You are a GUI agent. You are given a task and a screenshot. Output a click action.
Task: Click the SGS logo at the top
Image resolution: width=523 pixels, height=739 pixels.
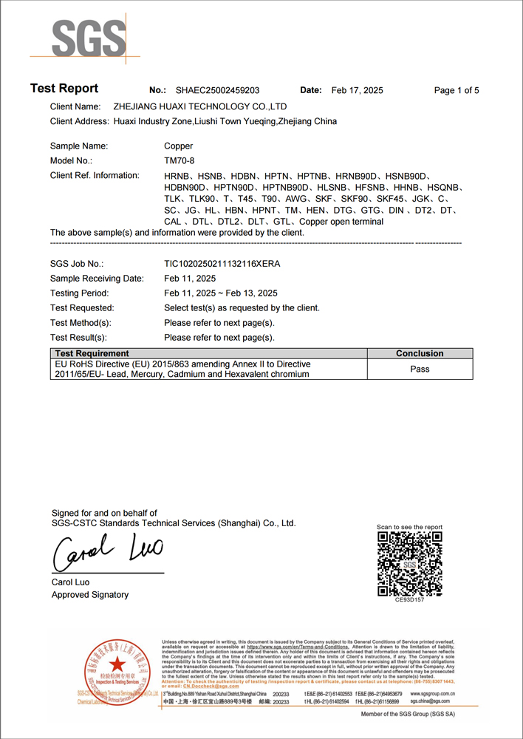[78, 35]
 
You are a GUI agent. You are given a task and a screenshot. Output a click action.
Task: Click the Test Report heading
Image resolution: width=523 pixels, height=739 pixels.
[64, 89]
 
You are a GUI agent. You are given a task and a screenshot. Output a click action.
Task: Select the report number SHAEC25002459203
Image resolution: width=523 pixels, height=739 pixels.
[217, 90]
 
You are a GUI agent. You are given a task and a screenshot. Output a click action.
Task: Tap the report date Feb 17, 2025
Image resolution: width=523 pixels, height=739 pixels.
[358, 90]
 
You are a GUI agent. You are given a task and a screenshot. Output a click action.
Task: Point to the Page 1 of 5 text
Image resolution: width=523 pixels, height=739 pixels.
[457, 90]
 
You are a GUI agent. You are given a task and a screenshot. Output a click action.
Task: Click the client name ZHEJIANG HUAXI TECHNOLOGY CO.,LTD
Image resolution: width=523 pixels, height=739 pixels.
[199, 106]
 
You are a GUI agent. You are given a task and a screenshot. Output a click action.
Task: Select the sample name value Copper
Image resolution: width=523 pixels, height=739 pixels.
[178, 146]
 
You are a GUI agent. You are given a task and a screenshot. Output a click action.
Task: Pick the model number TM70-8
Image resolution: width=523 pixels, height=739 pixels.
[180, 160]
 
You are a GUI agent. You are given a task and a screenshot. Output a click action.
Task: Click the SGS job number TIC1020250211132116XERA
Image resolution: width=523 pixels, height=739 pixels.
[222, 263]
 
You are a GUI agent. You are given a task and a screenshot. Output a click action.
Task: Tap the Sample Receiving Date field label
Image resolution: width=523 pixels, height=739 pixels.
[97, 279]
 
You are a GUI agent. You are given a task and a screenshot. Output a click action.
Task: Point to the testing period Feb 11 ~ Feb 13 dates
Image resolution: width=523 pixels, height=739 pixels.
[220, 293]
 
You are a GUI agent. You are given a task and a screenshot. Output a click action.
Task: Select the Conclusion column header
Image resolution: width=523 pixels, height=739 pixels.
[420, 353]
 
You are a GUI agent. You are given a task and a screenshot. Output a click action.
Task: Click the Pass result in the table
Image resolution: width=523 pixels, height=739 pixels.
[420, 369]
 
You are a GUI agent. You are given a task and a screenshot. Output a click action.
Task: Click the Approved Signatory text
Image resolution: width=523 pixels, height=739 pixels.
[90, 594]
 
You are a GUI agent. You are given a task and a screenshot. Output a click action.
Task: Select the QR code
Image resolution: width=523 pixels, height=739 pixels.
[409, 564]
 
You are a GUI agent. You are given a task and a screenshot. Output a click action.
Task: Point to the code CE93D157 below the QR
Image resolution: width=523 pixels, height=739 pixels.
[409, 600]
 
